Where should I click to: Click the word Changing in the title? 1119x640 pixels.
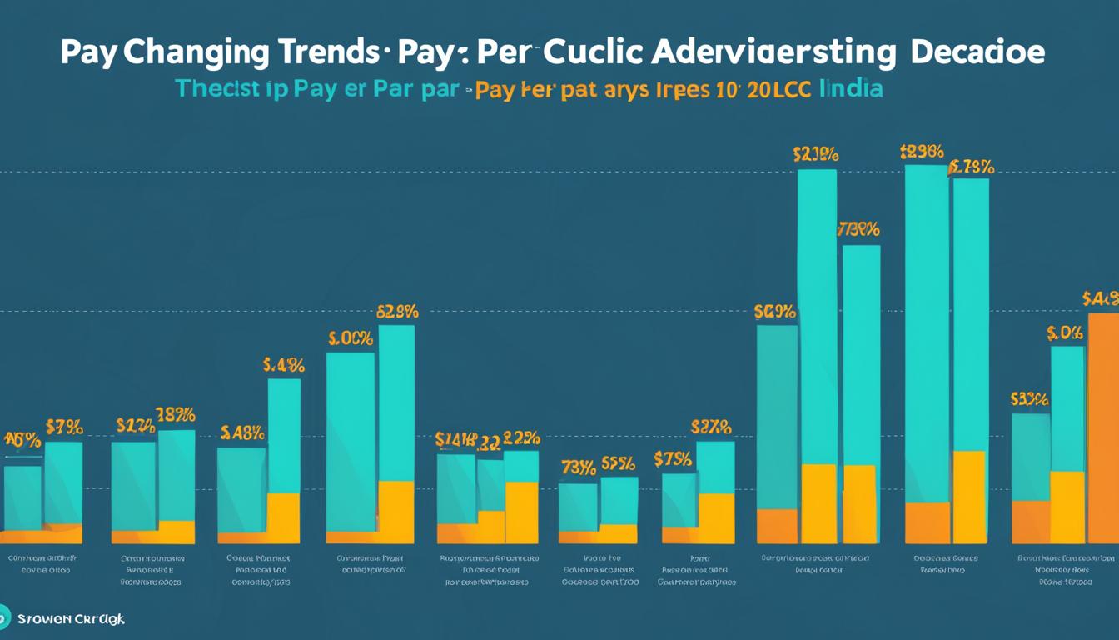196,52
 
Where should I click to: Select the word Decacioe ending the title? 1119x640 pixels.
977,52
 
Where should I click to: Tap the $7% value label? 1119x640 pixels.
64,427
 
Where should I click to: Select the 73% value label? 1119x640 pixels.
578,467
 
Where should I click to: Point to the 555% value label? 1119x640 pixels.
619,463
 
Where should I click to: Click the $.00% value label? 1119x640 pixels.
350,338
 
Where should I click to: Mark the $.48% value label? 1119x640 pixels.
242,432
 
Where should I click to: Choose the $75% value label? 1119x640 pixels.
673,458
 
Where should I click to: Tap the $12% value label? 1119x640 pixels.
135,426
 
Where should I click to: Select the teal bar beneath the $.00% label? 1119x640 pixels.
350,442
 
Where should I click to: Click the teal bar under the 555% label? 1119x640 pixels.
619,500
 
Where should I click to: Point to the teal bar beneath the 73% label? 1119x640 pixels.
578,507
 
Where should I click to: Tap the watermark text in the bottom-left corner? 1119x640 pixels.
71,619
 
